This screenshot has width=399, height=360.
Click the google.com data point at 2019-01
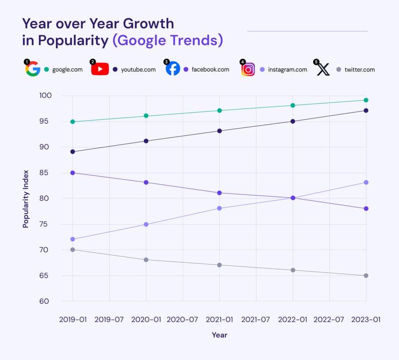[x=73, y=122]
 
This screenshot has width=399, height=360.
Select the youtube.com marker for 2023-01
[x=366, y=111]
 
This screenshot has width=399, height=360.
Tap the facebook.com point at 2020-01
[x=146, y=182]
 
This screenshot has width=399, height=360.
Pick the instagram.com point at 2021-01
[x=220, y=208]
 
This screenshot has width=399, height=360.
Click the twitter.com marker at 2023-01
[x=366, y=276]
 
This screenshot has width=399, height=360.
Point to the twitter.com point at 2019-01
[x=73, y=249]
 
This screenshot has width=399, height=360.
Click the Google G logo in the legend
[x=33, y=69]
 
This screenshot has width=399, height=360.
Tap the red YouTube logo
[x=100, y=69]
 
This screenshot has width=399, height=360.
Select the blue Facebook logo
[x=173, y=69]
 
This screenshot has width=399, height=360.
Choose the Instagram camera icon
[x=248, y=69]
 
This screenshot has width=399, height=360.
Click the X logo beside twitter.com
[x=323, y=69]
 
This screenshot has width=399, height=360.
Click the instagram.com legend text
[x=288, y=70]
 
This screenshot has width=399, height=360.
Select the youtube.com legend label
[x=138, y=70]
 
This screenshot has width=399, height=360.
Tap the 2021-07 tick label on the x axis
[x=256, y=320]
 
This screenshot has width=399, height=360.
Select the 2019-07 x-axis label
[x=109, y=320]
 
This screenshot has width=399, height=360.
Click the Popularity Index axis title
[x=26, y=199]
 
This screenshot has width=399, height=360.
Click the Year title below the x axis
[x=219, y=335]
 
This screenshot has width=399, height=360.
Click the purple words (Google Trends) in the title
[x=168, y=40]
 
